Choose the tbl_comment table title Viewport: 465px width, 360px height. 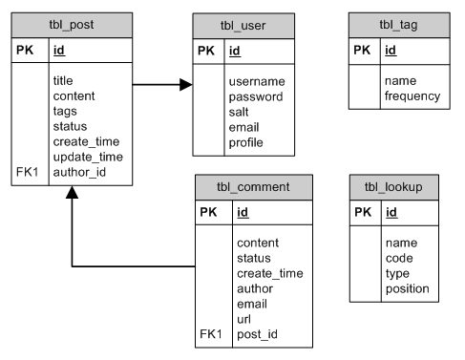coord(253,186)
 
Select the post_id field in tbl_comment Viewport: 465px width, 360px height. coord(259,334)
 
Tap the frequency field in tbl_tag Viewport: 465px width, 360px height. coord(412,96)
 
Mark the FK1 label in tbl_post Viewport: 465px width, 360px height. coord(28,172)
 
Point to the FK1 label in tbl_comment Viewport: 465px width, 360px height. coord(211,334)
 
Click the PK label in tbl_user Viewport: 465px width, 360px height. coord(206,51)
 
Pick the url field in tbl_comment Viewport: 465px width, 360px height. coord(243,319)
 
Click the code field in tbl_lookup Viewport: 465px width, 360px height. coord(398,258)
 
